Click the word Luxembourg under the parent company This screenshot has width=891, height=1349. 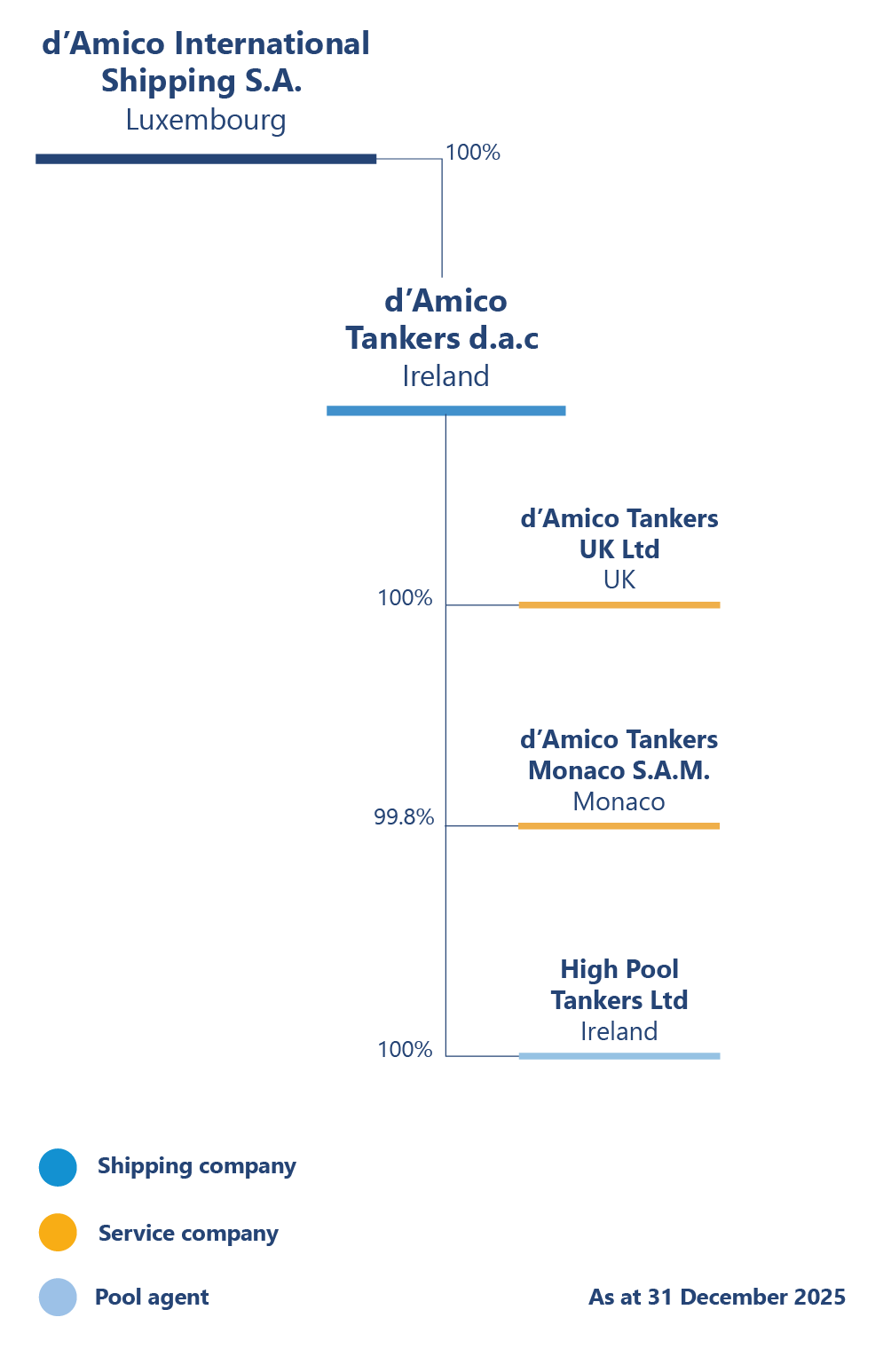pos(206,120)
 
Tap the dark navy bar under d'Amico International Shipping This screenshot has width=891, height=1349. pos(206,159)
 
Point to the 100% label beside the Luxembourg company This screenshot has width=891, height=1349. pos(473,153)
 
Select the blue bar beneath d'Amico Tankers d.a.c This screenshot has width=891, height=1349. pos(445,411)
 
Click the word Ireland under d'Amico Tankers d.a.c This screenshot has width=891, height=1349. pos(445,376)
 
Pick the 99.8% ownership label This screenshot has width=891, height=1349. pos(404,817)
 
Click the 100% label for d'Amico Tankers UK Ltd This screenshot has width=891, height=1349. pos(405,598)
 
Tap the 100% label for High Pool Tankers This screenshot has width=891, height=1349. pos(405,1050)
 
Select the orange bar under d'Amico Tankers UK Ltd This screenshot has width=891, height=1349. pos(619,605)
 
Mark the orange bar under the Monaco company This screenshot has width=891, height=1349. pos(619,826)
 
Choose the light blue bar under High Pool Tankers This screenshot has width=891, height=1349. pos(619,1056)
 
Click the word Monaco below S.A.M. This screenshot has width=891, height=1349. pos(619,801)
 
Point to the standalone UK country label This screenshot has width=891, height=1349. pos(619,580)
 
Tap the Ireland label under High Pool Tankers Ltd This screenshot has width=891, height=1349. pos(619,1031)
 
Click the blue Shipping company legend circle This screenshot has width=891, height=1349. pos(58,1167)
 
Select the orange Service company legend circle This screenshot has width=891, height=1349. pos(58,1233)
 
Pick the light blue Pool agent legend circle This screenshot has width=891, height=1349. pos(58,1298)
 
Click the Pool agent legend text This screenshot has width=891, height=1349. pos(152,1298)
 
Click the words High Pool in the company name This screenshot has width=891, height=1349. pos(619,969)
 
